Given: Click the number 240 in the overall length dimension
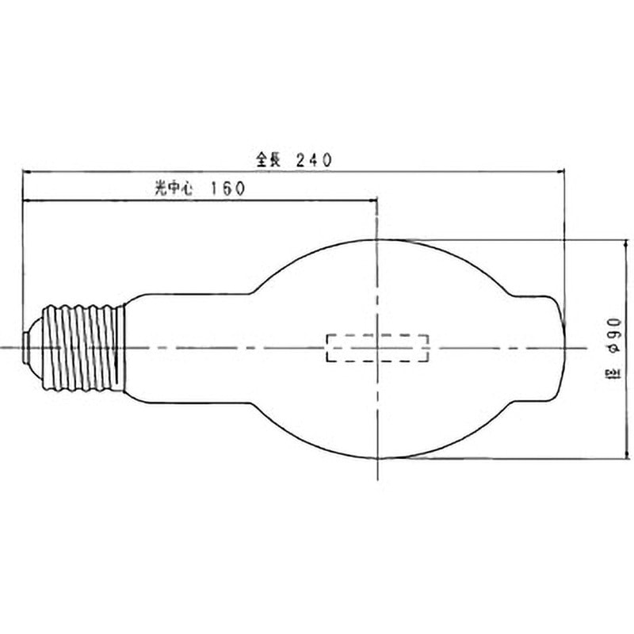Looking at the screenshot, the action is pos(314,160).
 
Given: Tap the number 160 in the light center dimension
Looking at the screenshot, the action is pos(227,188).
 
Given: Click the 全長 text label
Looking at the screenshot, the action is pos(268,160).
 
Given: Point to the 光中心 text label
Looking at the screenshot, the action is pos(174,188).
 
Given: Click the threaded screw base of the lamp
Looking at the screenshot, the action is pos(84,348).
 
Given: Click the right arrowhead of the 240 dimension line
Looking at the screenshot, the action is pos(560,172).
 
